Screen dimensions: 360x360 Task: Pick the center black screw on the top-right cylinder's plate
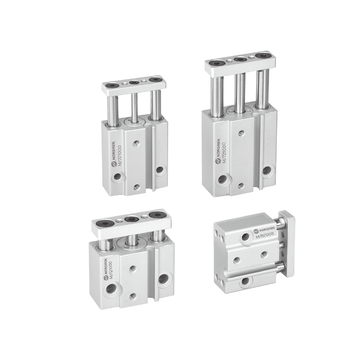coord(240,59)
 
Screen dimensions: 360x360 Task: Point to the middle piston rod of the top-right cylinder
coord(239,94)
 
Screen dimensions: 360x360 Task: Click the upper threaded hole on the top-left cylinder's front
coord(136,144)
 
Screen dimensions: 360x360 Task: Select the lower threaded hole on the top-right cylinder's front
coord(240,186)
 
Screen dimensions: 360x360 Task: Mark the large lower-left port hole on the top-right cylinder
coord(222,180)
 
